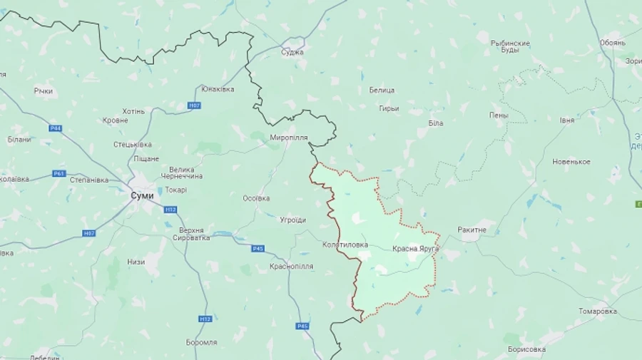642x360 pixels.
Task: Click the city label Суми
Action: (x=142, y=195)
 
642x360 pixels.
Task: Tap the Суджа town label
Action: (x=292, y=52)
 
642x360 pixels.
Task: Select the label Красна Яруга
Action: (x=415, y=249)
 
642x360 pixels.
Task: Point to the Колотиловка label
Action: (x=345, y=245)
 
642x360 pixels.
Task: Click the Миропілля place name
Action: (x=289, y=137)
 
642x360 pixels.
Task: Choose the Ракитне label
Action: (x=472, y=230)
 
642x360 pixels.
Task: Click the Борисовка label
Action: (x=526, y=349)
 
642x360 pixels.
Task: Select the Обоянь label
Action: (x=612, y=43)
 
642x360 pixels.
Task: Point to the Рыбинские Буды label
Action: (x=511, y=47)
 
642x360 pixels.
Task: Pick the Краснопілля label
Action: (x=291, y=266)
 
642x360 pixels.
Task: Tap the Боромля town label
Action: (x=201, y=342)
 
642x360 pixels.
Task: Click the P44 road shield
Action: (x=56, y=128)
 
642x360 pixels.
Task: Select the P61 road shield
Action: (x=59, y=173)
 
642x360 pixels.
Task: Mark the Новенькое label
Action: (x=571, y=162)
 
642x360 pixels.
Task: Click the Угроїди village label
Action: (x=292, y=220)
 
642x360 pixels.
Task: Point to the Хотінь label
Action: (x=133, y=111)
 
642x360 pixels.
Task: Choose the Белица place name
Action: (x=382, y=90)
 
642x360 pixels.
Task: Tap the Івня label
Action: (x=566, y=120)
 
